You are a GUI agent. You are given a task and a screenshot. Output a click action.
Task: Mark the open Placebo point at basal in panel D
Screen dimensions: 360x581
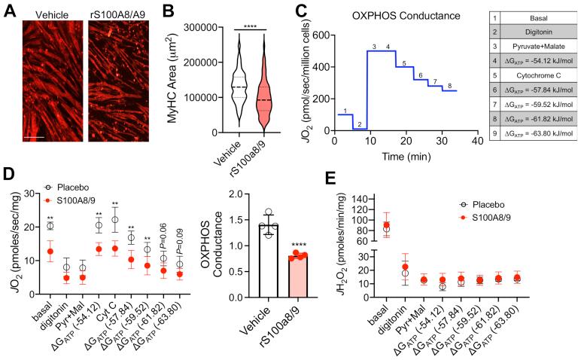point(50,226)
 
